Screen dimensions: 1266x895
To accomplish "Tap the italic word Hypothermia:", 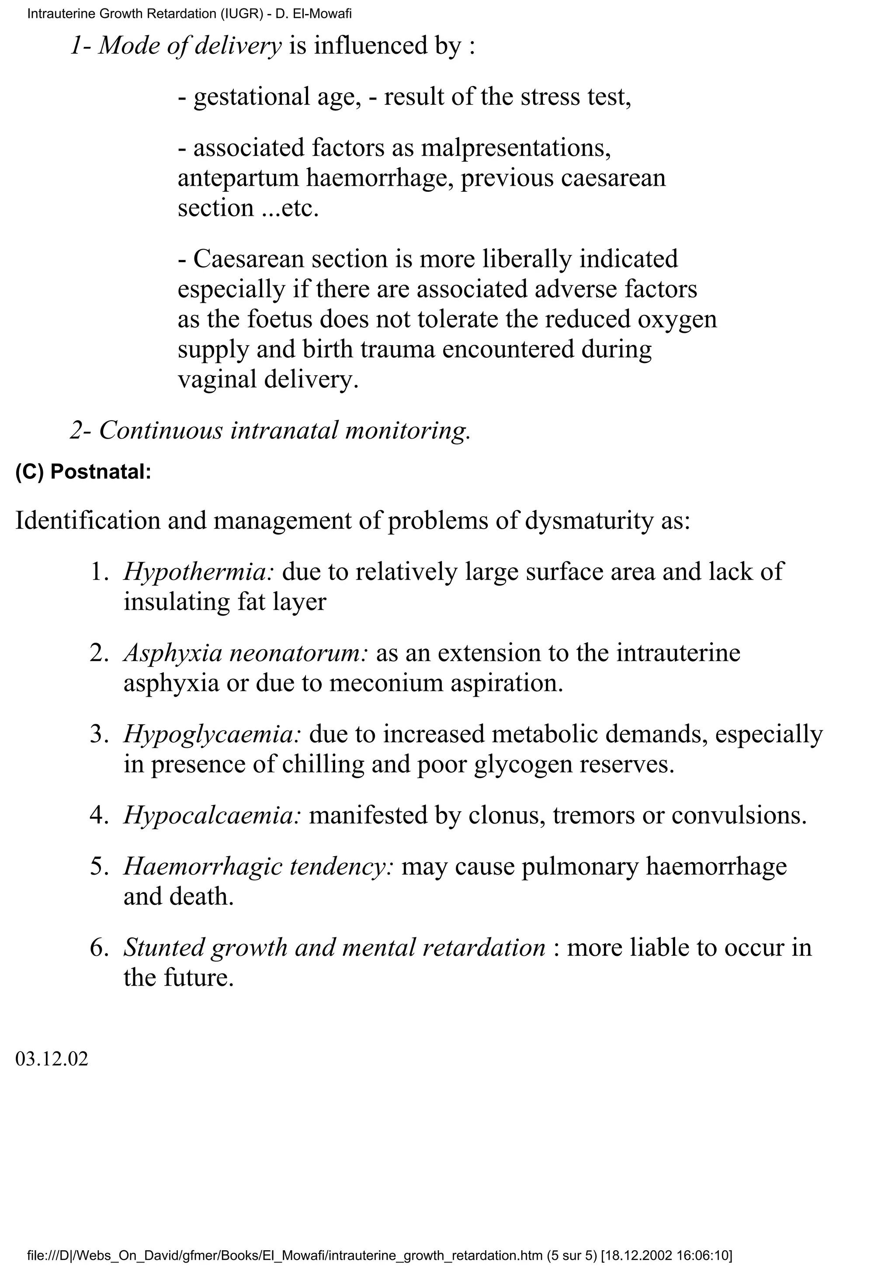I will [x=198, y=572].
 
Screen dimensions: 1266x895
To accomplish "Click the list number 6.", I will [x=99, y=947].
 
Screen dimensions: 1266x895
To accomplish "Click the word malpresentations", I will [x=516, y=149].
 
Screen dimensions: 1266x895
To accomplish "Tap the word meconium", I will [x=387, y=683].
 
